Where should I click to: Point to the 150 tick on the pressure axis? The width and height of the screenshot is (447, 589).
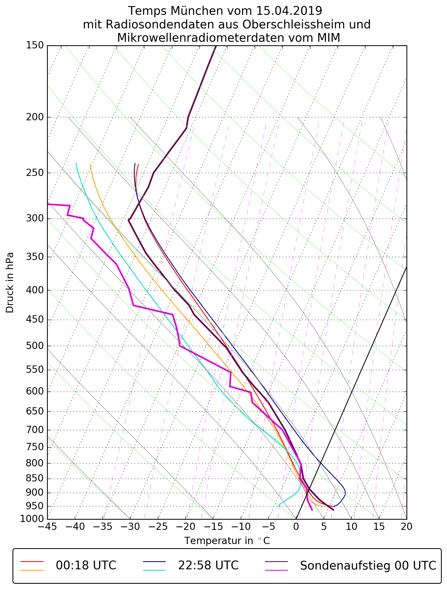(34, 46)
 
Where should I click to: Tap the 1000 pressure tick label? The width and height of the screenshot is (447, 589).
(32, 519)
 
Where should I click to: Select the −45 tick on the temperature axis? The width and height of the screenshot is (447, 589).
(47, 526)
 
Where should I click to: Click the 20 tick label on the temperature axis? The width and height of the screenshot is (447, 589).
(406, 526)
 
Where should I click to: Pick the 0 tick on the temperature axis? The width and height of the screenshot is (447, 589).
(296, 526)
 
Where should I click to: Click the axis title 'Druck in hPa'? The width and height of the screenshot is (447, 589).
(10, 283)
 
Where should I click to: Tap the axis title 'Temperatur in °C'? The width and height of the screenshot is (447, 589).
(227, 541)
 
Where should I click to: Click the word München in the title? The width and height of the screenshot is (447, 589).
(197, 11)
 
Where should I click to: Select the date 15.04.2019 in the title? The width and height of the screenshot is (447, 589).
(289, 11)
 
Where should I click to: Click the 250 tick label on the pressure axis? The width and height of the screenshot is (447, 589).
(34, 173)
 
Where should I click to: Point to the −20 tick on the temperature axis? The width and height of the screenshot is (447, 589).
(185, 526)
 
